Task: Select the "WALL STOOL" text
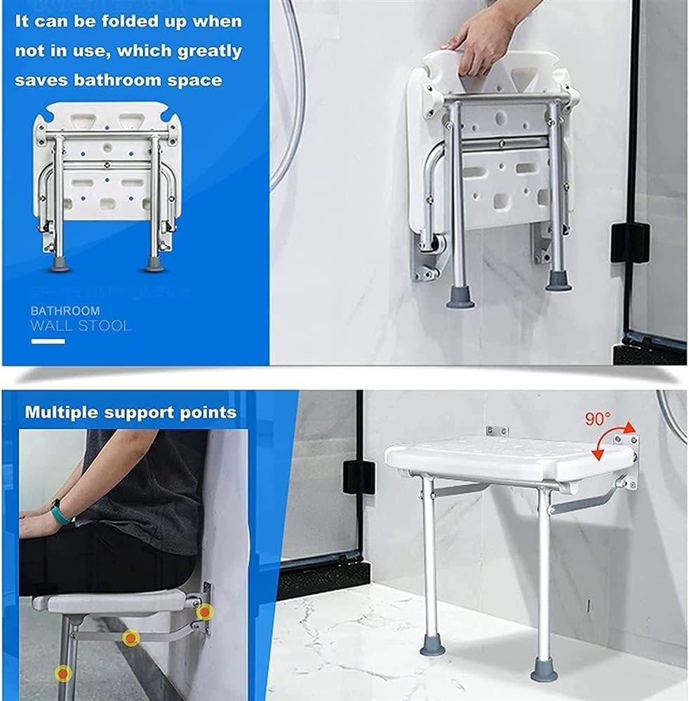(x=81, y=326)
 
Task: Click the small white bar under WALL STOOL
(x=48, y=341)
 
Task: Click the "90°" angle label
(x=598, y=419)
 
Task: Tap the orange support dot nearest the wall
(x=203, y=613)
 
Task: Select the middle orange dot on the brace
(x=131, y=638)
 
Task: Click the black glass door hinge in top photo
(x=629, y=243)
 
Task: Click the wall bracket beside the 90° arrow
(x=627, y=459)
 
